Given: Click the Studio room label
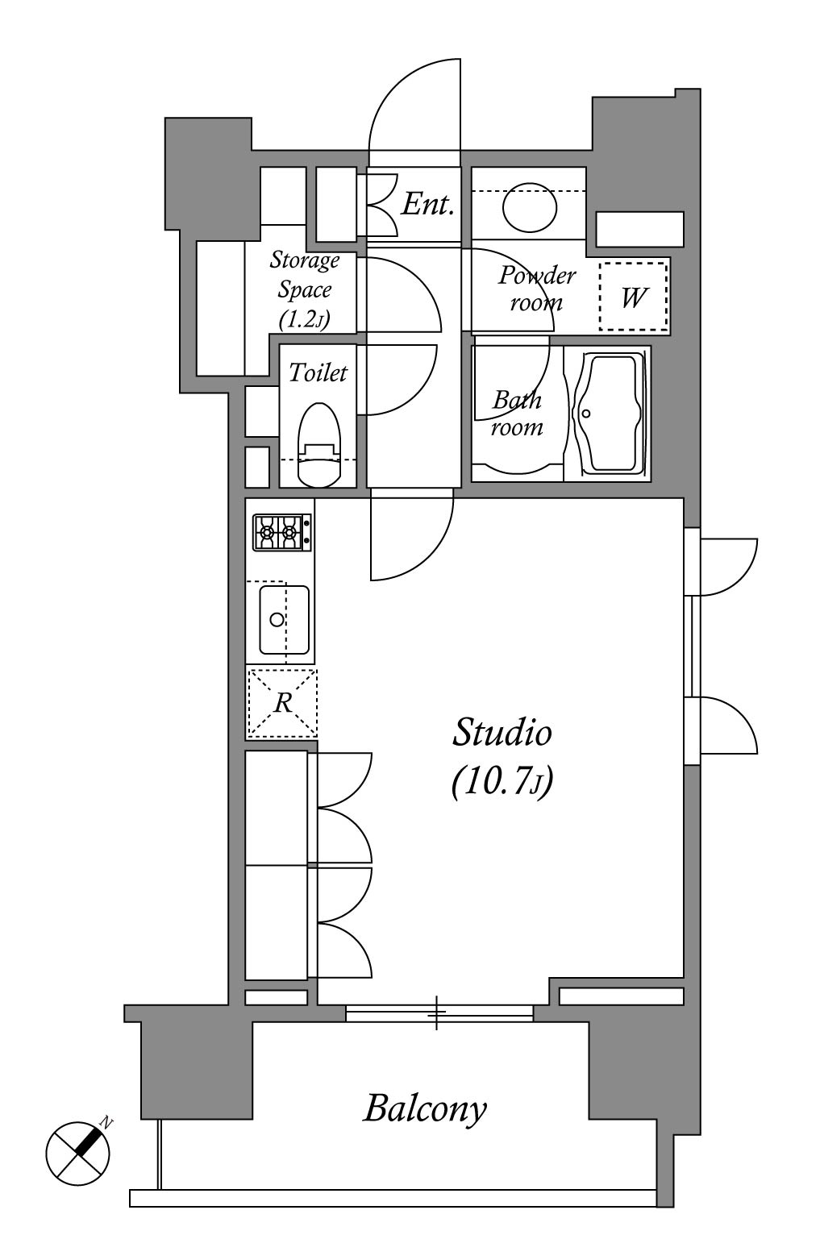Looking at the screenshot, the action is coord(502,732).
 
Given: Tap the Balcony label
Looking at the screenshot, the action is coord(425,1109).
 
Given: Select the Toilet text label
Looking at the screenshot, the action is coord(318,372).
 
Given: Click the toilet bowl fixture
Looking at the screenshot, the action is coord(319,444).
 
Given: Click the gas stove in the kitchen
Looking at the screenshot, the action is coord(281,532).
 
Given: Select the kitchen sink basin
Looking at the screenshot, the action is coord(284,620).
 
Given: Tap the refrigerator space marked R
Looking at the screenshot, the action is coord(282,703).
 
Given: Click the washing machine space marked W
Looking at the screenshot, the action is coord(633,297).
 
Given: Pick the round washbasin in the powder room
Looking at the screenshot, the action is coord(529,207).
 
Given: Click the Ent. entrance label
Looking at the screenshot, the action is coord(427,205).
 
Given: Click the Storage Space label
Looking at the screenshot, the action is coord(304,289).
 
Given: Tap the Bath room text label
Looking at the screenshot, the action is coord(517,414).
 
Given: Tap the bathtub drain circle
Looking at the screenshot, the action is coord(586,414).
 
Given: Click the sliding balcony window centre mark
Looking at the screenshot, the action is coord(436,1013).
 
